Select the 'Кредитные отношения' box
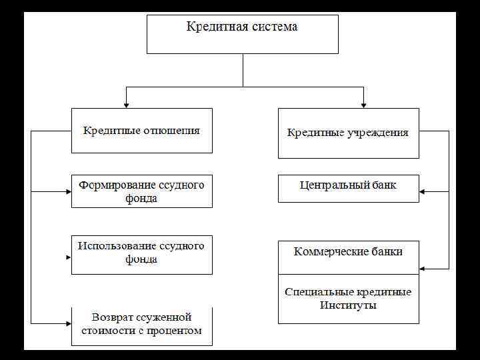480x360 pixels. (141, 131)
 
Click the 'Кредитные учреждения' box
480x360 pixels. (348, 133)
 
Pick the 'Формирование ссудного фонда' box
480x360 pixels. (141, 191)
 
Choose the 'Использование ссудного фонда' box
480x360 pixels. (141, 254)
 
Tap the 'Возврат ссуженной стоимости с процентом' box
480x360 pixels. (141, 325)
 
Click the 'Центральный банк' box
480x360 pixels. (348, 188)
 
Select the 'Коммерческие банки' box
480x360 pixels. (348, 257)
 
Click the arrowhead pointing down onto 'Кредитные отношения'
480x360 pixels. (126, 104)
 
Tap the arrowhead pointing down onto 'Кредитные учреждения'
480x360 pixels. (363, 104)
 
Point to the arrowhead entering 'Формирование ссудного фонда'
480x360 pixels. (68, 192)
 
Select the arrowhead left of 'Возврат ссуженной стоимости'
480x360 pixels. (68, 323)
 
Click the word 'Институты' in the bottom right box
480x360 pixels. (348, 306)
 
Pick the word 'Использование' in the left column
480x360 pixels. (114, 246)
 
